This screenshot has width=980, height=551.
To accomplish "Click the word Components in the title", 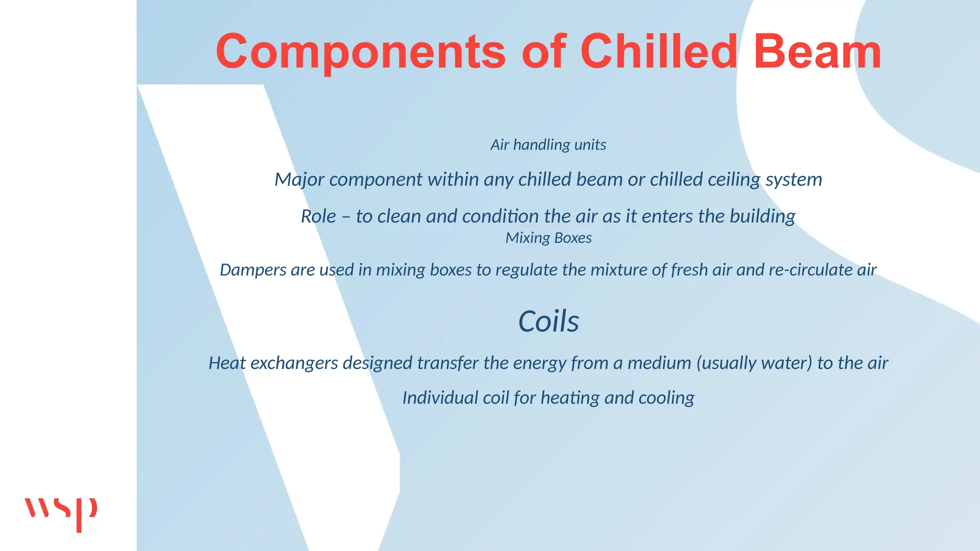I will (x=360, y=52).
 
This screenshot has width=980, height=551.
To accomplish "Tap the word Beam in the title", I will (x=817, y=52).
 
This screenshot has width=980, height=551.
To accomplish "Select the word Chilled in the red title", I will (x=659, y=52).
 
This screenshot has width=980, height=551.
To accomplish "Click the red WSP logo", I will (x=61, y=513).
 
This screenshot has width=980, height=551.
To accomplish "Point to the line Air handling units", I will (x=548, y=145).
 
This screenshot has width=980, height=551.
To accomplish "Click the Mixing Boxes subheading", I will (x=548, y=238).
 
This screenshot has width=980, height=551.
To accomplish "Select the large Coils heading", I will (x=548, y=321).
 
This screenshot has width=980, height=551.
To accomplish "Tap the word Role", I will (x=319, y=217).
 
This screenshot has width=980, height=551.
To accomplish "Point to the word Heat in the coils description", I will (x=227, y=363).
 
